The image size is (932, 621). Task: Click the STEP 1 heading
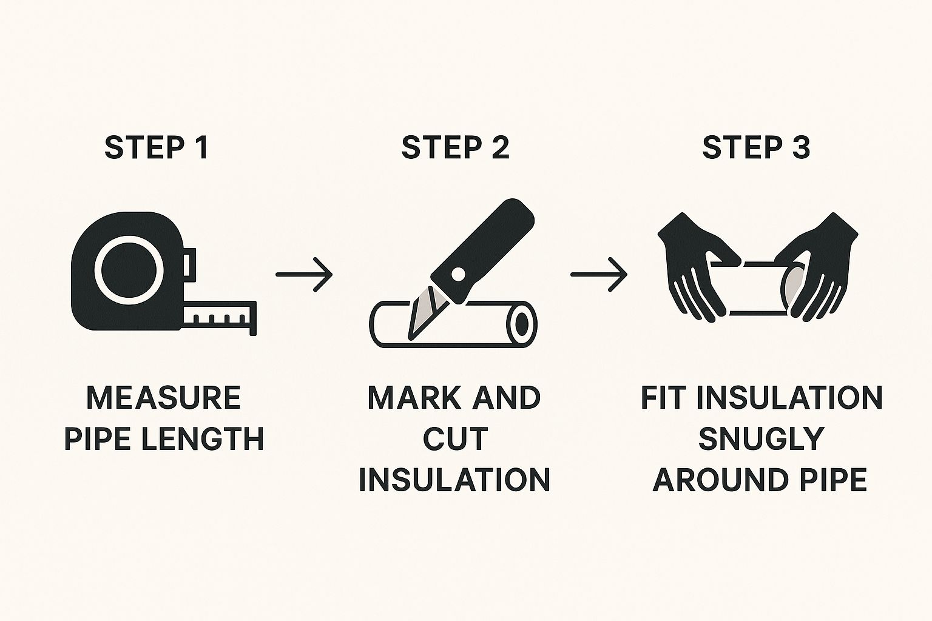(156, 147)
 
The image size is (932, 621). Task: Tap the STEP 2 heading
(455, 147)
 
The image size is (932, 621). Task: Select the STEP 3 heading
(756, 147)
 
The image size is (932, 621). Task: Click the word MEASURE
(163, 397)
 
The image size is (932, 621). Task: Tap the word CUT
(455, 438)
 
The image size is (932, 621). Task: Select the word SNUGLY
(761, 438)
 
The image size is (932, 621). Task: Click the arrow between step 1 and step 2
(304, 275)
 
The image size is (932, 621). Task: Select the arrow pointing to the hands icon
(599, 275)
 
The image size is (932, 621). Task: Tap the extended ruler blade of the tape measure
(220, 317)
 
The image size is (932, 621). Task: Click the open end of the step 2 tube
(522, 324)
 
